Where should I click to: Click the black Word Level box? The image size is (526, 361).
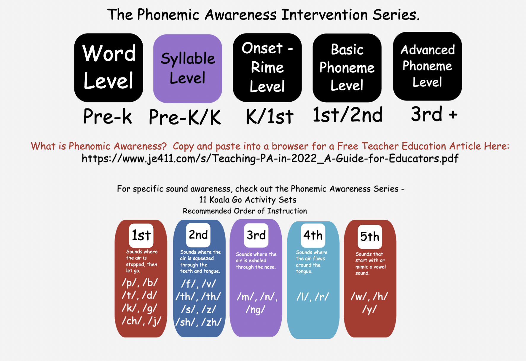pos(109,68)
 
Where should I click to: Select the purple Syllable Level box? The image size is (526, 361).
pos(188,68)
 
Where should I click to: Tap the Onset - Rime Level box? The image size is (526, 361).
pos(267,68)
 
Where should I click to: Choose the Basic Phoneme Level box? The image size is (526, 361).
pos(347,68)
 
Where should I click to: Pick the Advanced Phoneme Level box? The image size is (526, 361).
pos(427,66)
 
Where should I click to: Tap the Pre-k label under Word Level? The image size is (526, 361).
pos(107,116)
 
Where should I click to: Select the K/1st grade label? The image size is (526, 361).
pos(270,116)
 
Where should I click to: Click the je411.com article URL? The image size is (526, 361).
pos(270,159)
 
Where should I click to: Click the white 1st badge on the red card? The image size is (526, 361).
pos(141,236)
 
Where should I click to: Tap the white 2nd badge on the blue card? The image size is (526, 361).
pos(198,235)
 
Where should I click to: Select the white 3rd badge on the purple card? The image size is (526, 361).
pos(256,235)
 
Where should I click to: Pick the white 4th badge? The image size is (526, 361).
pos(313,235)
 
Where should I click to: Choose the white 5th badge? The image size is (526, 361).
pos(370,237)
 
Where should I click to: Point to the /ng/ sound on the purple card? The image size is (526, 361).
pos(255,310)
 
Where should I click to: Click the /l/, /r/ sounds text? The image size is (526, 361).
pos(313,297)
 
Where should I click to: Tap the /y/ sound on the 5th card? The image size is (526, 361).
pos(369,309)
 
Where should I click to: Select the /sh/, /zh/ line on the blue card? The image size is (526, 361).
pos(198,322)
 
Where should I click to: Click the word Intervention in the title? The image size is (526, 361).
pos(324,15)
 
